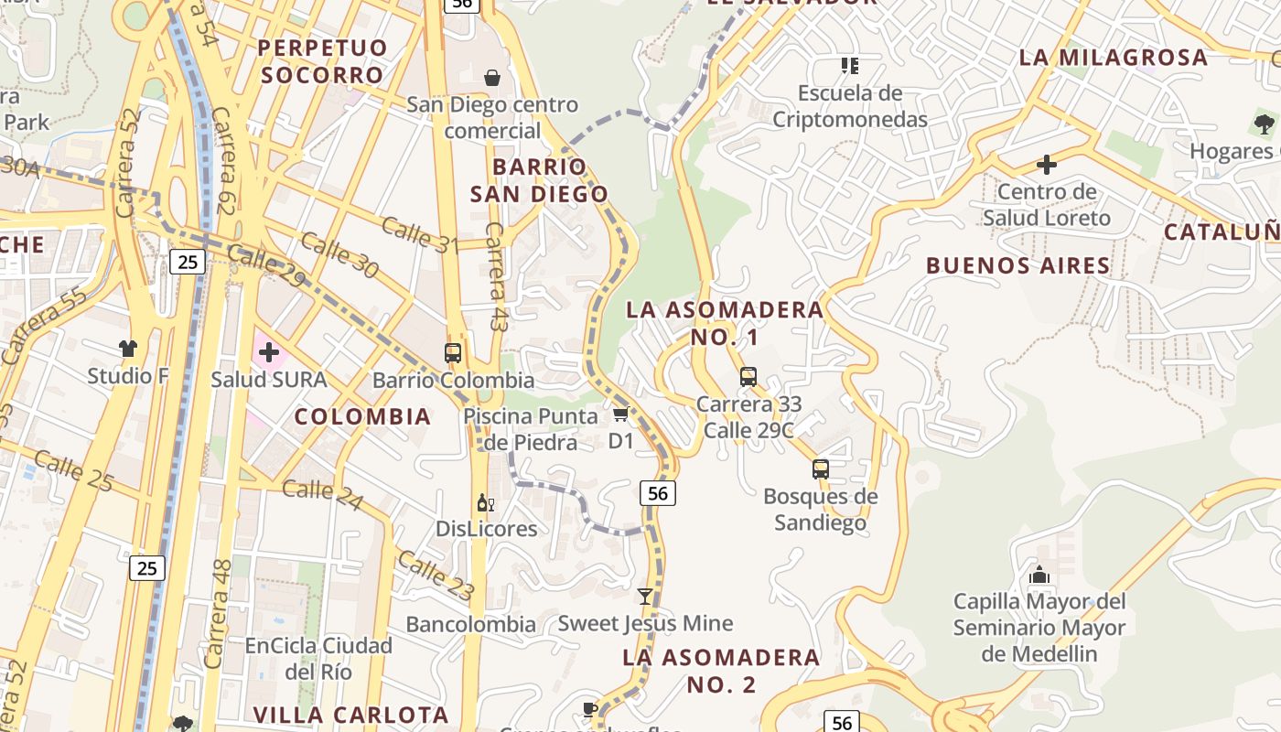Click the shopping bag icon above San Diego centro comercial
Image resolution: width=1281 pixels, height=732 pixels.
[492, 78]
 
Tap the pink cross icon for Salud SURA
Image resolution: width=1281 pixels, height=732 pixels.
[269, 352]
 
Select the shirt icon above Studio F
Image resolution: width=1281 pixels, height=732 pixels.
[128, 348]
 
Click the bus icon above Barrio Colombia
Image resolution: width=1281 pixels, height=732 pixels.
[453, 352]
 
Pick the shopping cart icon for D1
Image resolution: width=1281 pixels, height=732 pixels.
[621, 414]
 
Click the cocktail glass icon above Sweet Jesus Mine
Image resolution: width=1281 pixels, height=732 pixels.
[645, 597]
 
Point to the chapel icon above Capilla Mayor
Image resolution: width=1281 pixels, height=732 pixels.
[1039, 576]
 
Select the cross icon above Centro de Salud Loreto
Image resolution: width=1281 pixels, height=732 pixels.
[1047, 165]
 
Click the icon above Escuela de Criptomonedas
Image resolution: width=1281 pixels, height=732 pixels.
[850, 66]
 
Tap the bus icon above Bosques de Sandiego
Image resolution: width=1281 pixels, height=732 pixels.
[821, 469]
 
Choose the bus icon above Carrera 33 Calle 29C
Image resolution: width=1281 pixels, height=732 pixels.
[748, 376]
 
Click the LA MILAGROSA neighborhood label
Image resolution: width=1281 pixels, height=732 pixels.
[1114, 58]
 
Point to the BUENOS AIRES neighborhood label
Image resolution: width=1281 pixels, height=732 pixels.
[1018, 266]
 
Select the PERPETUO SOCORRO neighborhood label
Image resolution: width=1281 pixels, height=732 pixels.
[322, 61]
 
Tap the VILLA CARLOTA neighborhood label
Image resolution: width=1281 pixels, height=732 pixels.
[351, 715]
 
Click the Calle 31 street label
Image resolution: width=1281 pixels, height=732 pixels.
[419, 234]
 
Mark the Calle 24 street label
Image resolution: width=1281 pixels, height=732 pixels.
[322, 495]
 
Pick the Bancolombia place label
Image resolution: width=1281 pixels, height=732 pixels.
[471, 625]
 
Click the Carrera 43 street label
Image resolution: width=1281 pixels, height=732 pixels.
[495, 276]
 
